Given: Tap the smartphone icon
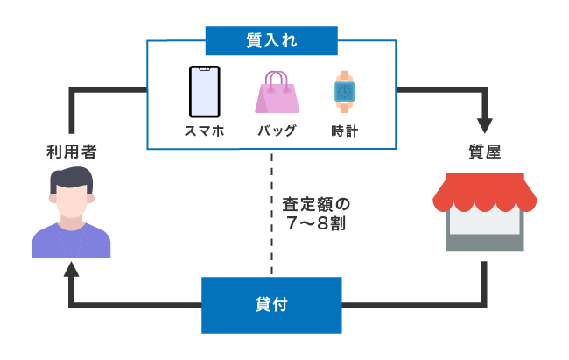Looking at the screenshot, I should pyautogui.click(x=204, y=92).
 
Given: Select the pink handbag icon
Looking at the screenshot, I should pyautogui.click(x=277, y=93).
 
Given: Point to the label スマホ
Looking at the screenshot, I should pyautogui.click(x=204, y=131).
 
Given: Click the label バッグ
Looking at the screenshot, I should pyautogui.click(x=277, y=131).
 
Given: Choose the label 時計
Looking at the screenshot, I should pyautogui.click(x=344, y=131).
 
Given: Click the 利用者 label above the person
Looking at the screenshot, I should pyautogui.click(x=71, y=152).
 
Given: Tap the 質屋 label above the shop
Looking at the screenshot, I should pyautogui.click(x=483, y=152).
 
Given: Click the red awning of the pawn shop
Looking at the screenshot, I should pyautogui.click(x=484, y=194).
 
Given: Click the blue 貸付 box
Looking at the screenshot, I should pyautogui.click(x=271, y=305).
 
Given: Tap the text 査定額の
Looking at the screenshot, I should pyautogui.click(x=316, y=203).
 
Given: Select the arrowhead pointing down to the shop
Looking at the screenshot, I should pyautogui.click(x=484, y=123).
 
